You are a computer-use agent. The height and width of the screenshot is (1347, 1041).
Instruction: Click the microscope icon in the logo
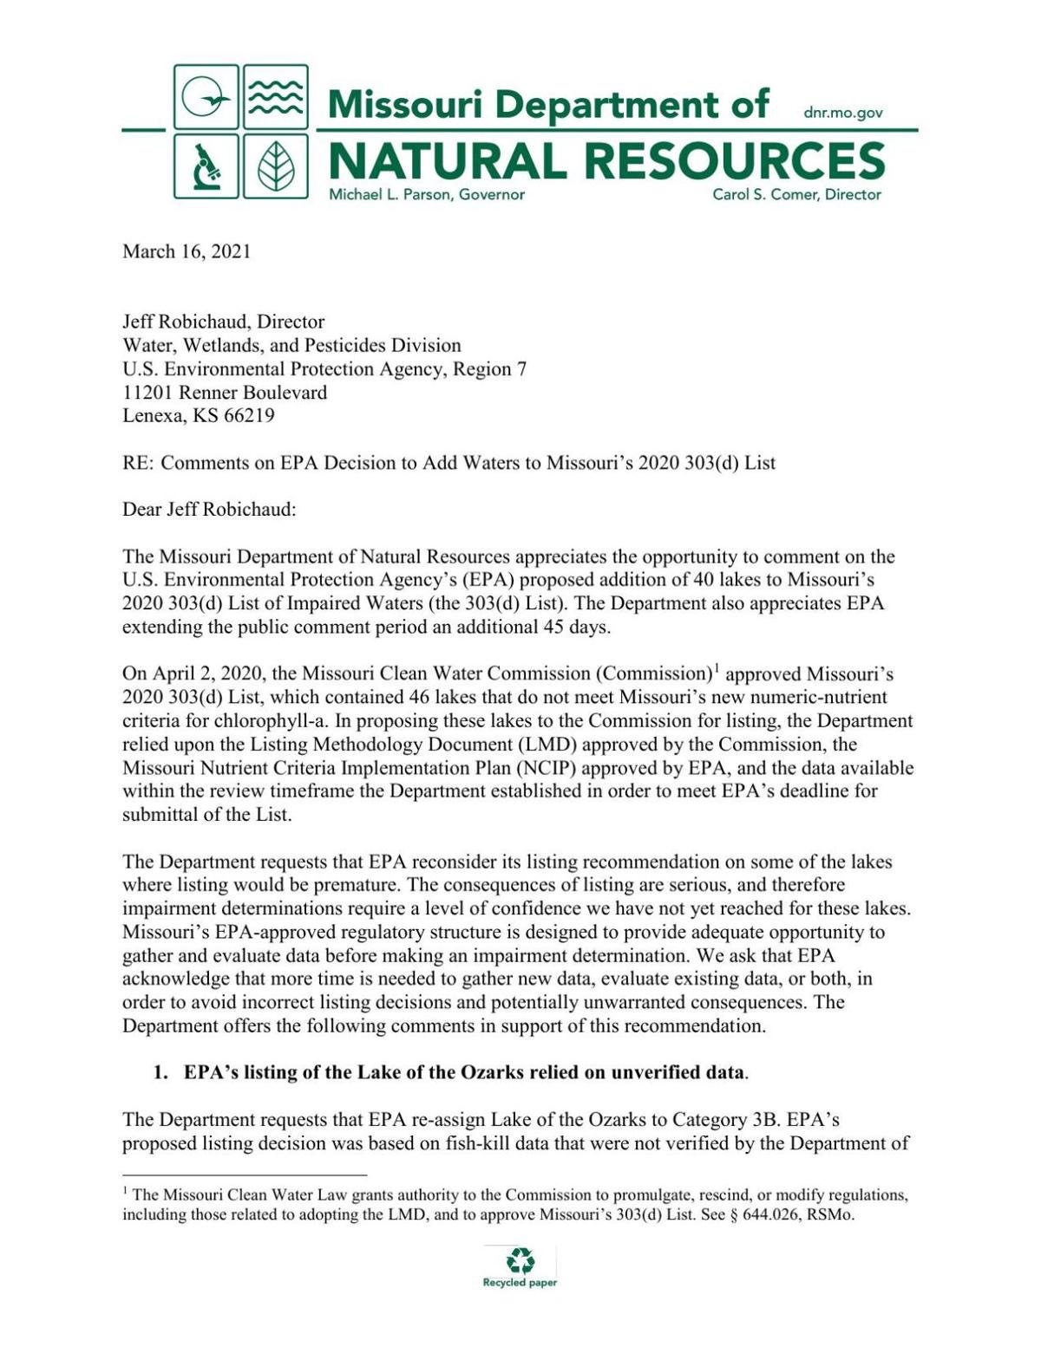(x=206, y=166)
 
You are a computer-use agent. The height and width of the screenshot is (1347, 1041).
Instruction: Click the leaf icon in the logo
(x=276, y=166)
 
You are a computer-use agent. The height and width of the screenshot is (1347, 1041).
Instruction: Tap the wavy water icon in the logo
(x=276, y=97)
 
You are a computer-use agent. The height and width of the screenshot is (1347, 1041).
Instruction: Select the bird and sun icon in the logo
(x=206, y=97)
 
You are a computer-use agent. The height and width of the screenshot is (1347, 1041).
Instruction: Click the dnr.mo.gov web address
(x=843, y=113)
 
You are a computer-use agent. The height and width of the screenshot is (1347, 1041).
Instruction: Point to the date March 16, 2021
(x=187, y=251)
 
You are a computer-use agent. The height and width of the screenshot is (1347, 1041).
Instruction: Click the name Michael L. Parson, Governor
(x=426, y=195)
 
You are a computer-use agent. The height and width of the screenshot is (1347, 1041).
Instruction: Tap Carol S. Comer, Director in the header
(x=796, y=195)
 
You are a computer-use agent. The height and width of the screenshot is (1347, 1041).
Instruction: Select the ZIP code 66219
(x=249, y=415)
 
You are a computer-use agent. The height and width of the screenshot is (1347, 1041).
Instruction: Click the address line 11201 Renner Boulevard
(x=225, y=392)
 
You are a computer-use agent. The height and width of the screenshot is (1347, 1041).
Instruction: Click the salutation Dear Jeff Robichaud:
(x=209, y=509)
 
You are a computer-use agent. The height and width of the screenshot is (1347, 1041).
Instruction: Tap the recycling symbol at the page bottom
(x=520, y=1259)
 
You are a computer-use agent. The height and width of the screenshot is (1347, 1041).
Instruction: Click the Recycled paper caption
(x=520, y=1283)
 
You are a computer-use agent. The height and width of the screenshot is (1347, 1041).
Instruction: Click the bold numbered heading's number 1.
(x=160, y=1072)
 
